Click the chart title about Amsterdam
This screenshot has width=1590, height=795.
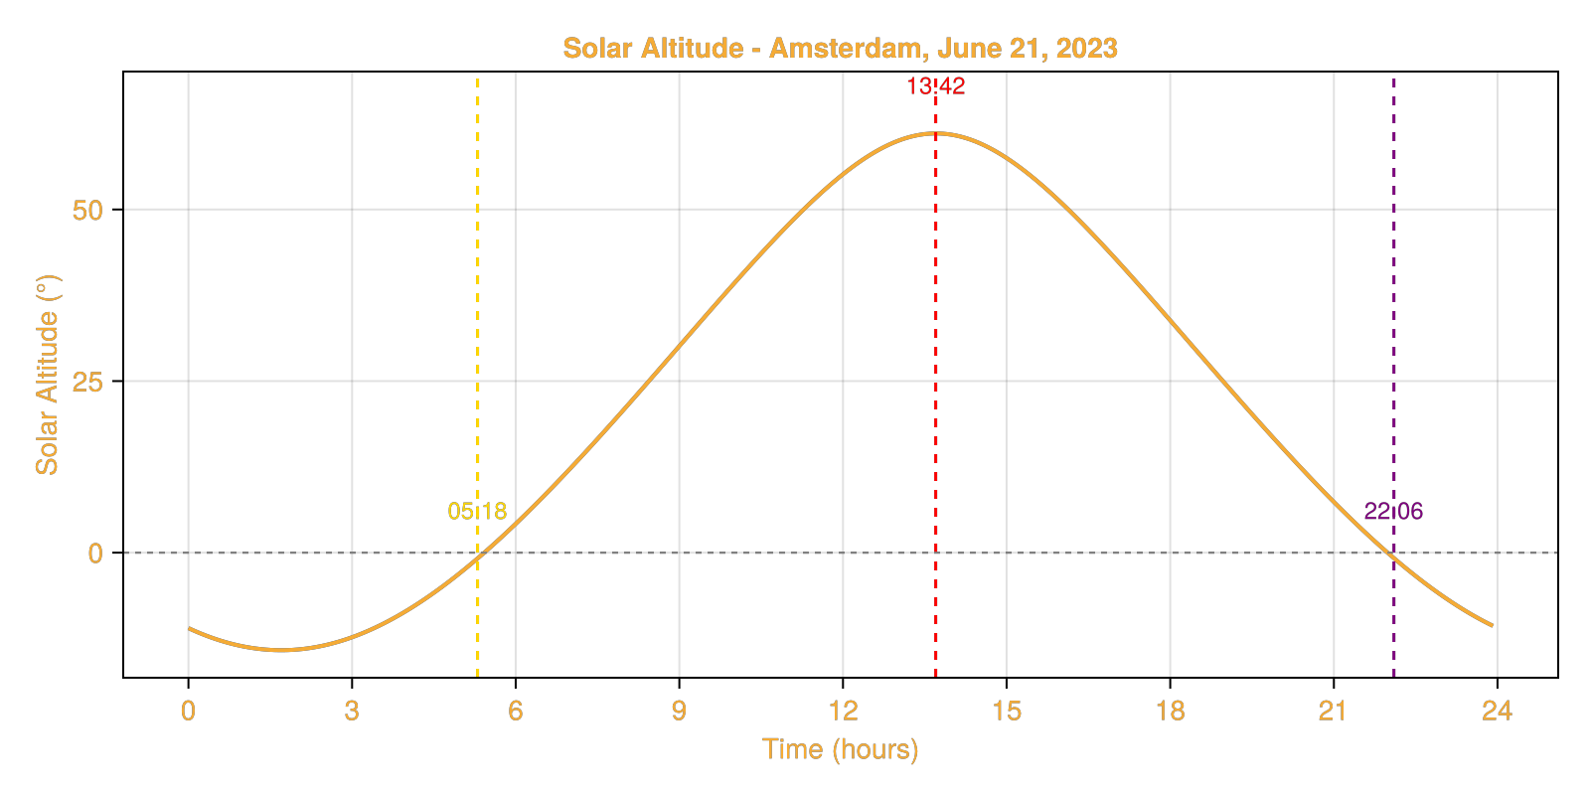click(840, 48)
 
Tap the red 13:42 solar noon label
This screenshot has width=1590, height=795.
click(935, 86)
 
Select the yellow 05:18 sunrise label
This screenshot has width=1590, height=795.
click(477, 512)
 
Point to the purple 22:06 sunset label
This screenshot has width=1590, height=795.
click(1393, 512)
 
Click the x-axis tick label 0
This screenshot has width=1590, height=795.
click(188, 711)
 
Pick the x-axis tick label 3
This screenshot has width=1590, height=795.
click(352, 711)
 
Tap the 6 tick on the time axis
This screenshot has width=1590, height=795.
click(515, 711)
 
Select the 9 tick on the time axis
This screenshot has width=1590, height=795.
click(679, 711)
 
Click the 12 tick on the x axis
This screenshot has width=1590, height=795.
click(843, 711)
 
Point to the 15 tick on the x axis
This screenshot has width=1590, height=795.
click(1007, 711)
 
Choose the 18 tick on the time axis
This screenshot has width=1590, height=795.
click(1170, 711)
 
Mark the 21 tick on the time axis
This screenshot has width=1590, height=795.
click(1333, 711)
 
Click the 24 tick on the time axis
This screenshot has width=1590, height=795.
click(1497, 711)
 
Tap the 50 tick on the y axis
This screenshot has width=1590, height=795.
click(87, 211)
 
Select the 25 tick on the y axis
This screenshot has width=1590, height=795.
click(87, 382)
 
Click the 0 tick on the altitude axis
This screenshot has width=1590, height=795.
click(95, 554)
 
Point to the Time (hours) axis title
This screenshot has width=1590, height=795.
click(840, 748)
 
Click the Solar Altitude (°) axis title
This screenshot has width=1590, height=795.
click(47, 375)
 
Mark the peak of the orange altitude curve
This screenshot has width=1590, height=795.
click(935, 133)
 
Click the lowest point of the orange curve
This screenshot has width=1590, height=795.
click(282, 650)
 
